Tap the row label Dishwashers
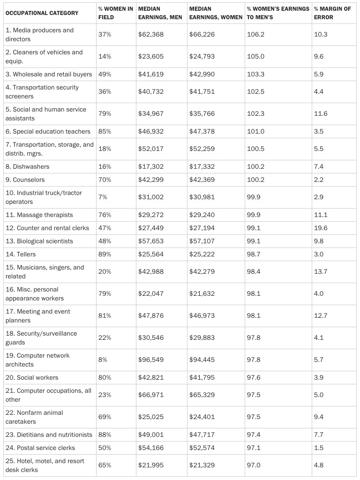(28, 166)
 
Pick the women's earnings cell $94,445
(202, 360)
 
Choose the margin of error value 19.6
(321, 228)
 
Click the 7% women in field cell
(103, 197)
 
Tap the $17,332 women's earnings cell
(202, 166)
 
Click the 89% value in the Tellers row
(105, 254)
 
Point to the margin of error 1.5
(319, 448)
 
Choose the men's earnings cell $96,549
(151, 360)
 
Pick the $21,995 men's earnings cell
(151, 465)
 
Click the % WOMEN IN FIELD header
(115, 13)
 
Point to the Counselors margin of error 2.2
(319, 180)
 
